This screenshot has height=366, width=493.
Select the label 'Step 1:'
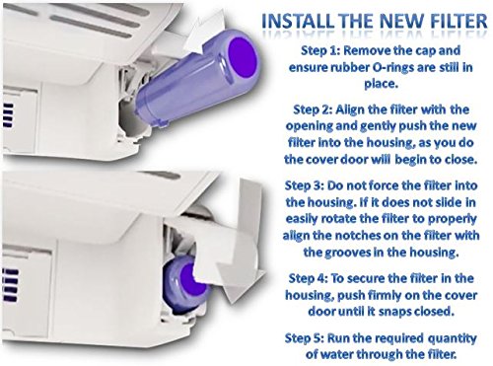click(x=320, y=51)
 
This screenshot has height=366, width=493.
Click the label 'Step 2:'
click(x=313, y=110)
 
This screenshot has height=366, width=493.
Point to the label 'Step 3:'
click(x=305, y=185)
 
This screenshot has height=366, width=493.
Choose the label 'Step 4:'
click(x=308, y=278)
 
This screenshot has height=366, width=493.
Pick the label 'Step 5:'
click(x=305, y=338)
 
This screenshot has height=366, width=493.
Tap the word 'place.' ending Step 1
click(x=382, y=84)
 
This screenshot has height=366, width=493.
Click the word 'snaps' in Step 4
click(x=394, y=311)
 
